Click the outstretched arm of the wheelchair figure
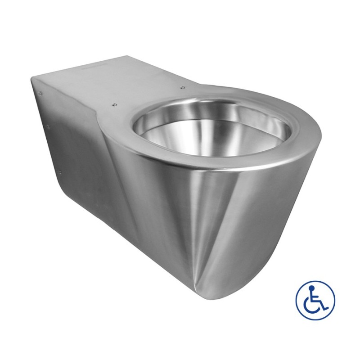(318, 297)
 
